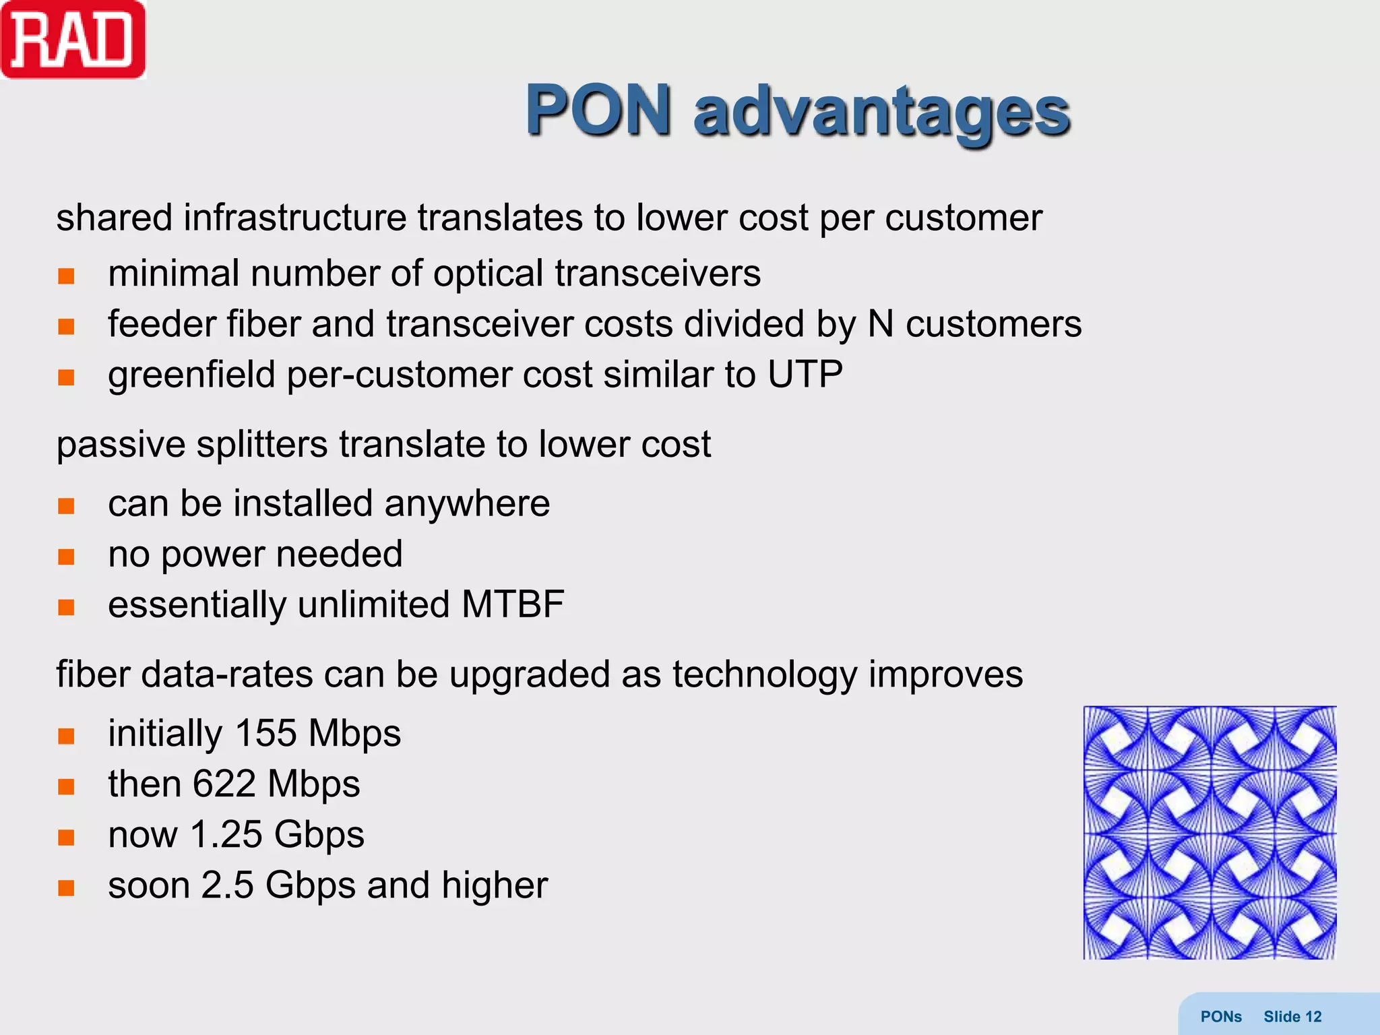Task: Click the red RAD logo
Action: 73,40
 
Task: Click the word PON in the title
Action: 598,110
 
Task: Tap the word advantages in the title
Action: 881,111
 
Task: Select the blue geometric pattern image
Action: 1210,832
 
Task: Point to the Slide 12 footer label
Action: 1292,1017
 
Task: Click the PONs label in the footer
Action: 1221,1017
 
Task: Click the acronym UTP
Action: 805,374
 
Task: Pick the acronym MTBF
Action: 513,604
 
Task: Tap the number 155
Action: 266,733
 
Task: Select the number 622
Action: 224,784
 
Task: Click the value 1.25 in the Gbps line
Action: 226,834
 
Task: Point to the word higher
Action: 495,885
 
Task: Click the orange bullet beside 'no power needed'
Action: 66,557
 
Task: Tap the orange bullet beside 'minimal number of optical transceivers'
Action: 66,276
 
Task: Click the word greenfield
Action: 191,375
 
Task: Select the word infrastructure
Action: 294,218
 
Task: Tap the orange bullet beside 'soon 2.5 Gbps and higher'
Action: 66,887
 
